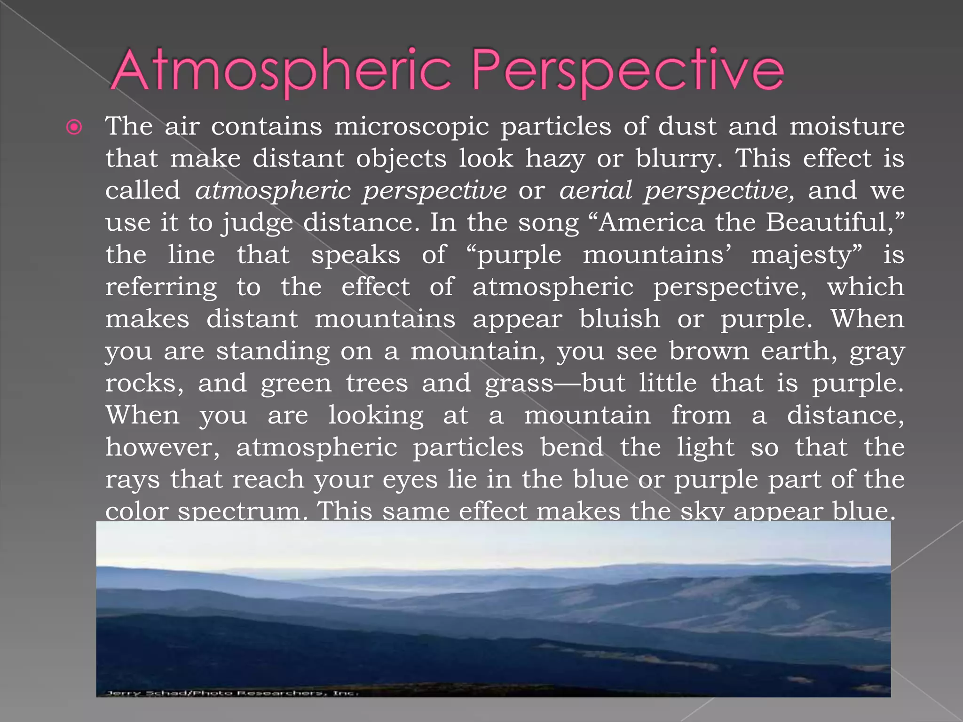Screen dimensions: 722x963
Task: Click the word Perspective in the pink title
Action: click(x=628, y=71)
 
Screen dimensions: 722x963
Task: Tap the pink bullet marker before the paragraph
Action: click(x=74, y=127)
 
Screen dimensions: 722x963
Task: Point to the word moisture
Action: click(x=847, y=127)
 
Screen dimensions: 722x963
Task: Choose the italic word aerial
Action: click(x=596, y=191)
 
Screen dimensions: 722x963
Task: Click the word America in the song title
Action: click(x=651, y=223)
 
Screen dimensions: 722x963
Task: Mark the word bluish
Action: click(x=620, y=320)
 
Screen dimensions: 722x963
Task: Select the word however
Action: click(x=162, y=447)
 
